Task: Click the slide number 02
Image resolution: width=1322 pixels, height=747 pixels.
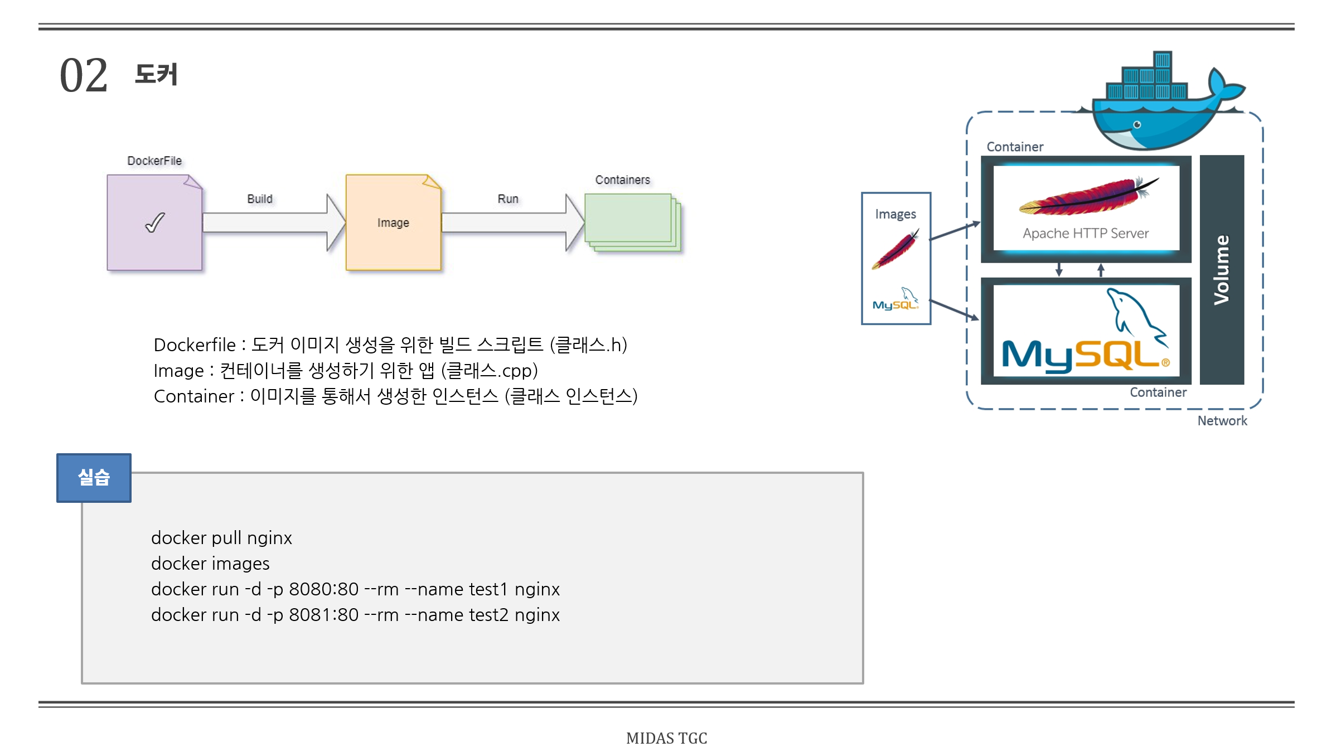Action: [x=84, y=75]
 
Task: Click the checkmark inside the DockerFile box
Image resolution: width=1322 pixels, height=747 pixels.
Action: [x=155, y=222]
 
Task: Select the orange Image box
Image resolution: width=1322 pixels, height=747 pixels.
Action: [x=393, y=222]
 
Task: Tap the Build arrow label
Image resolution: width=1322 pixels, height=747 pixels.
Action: [x=260, y=199]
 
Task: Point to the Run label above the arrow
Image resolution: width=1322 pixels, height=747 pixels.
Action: [x=508, y=199]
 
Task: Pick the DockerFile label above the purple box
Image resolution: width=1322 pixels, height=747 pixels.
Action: [x=154, y=161]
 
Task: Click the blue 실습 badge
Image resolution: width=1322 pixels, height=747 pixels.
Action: [x=94, y=478]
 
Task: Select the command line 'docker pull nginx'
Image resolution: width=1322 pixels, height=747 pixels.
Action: [x=221, y=538]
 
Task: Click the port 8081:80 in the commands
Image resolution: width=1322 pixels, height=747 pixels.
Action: [x=323, y=615]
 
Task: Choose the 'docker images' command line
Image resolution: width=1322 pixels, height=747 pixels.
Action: [x=210, y=564]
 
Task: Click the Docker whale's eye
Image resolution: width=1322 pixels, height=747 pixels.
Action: [x=1137, y=125]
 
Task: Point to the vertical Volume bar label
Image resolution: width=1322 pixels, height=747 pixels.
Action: [x=1222, y=270]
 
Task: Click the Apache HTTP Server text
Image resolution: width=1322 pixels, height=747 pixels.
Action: [x=1086, y=234]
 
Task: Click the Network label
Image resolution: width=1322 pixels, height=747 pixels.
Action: [x=1222, y=421]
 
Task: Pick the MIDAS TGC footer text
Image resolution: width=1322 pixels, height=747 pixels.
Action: [x=666, y=738]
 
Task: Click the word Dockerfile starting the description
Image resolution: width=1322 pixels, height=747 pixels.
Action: [x=195, y=345]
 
